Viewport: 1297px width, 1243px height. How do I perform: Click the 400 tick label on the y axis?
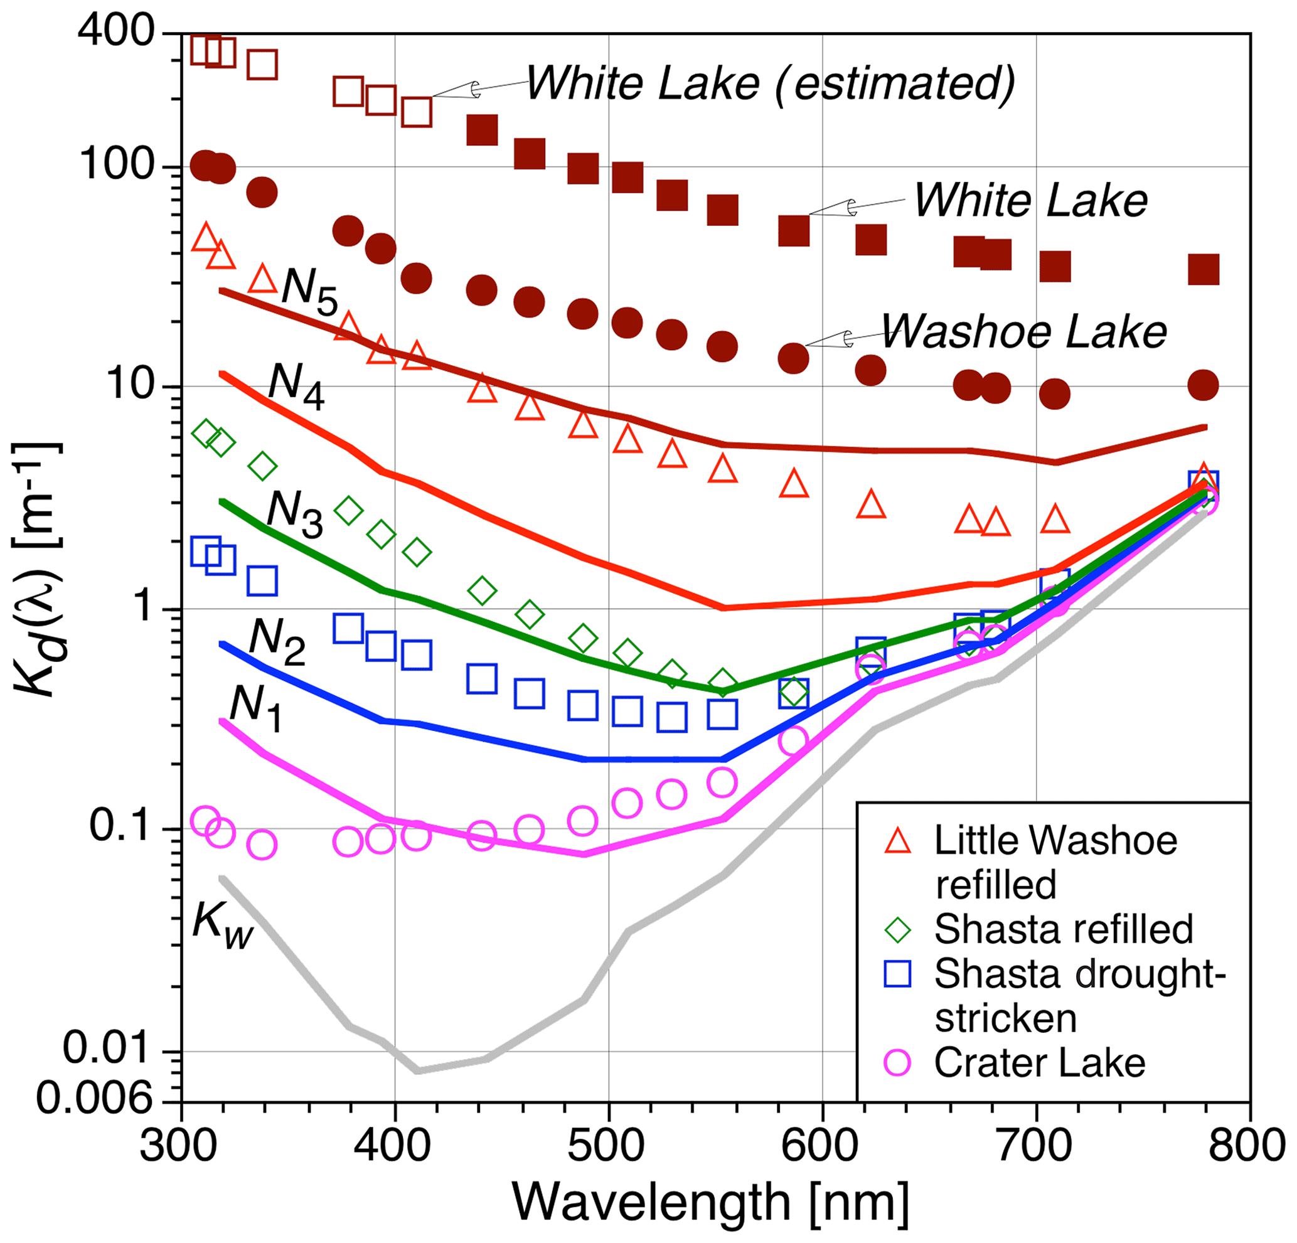pyautogui.click(x=117, y=31)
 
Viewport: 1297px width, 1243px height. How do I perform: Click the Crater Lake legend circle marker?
pyautogui.click(x=898, y=1063)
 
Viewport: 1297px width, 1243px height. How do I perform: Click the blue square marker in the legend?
pyautogui.click(x=898, y=974)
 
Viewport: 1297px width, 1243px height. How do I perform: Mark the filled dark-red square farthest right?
pyautogui.click(x=1203, y=270)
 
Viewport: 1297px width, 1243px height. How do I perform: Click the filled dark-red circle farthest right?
pyautogui.click(x=1203, y=385)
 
